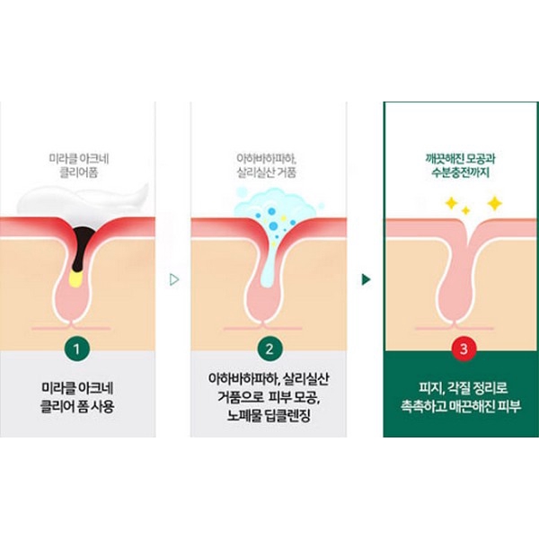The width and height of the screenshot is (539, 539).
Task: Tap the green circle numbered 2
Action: click(x=268, y=346)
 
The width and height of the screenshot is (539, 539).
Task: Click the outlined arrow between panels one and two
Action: click(x=174, y=279)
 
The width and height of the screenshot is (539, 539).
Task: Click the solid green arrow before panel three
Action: click(x=366, y=279)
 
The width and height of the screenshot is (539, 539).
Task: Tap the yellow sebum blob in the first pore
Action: click(x=76, y=278)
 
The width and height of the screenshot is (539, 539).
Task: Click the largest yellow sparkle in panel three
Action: click(x=494, y=204)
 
